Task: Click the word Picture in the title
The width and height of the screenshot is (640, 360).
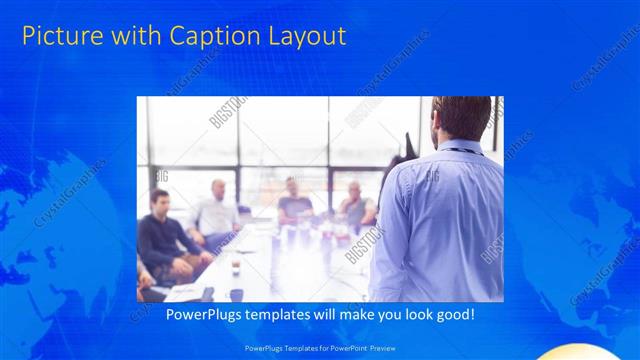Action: point(58,37)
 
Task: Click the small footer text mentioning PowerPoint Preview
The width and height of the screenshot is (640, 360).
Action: point(319,348)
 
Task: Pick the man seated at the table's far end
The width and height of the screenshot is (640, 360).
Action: point(293,200)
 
